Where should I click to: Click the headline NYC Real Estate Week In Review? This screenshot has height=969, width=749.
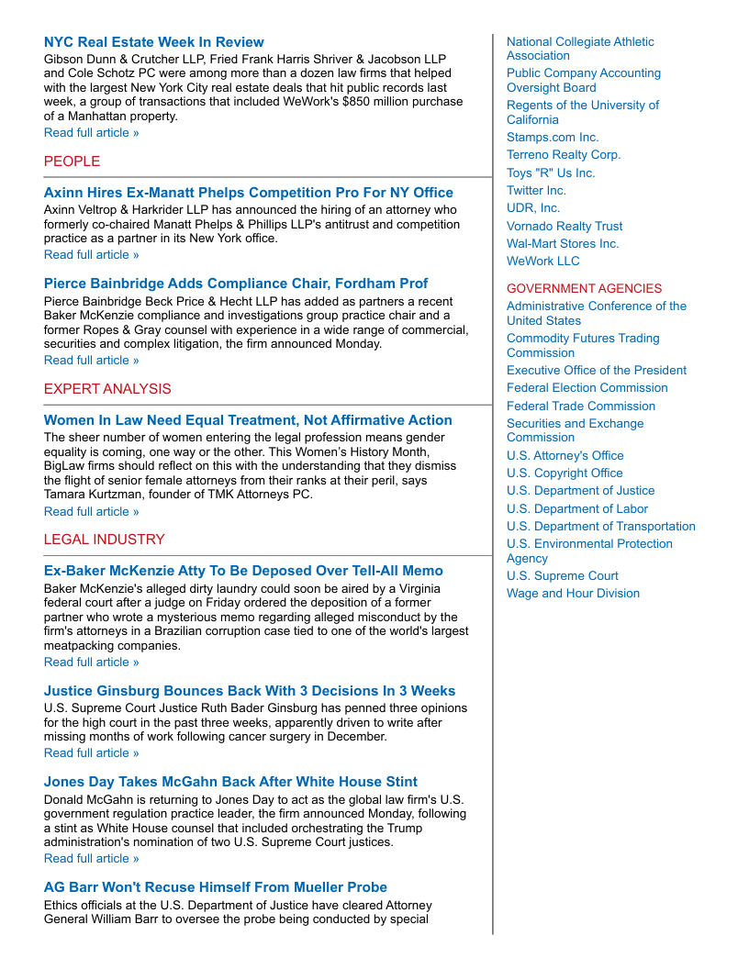pyautogui.click(x=153, y=42)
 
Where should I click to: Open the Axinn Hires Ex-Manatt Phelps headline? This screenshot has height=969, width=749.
pyautogui.click(x=248, y=193)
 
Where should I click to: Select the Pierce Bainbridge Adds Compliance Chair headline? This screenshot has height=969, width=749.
pyautogui.click(x=236, y=284)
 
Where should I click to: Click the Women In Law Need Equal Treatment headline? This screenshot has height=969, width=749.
pyautogui.click(x=248, y=420)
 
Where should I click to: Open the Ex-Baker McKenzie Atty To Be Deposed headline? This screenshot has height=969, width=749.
pyautogui.click(x=243, y=571)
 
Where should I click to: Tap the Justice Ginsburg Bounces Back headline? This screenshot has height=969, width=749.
pyautogui.click(x=250, y=691)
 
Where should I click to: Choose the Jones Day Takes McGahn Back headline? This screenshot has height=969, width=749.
pyautogui.click(x=230, y=782)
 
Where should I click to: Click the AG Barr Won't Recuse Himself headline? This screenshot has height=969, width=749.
pyautogui.click(x=216, y=887)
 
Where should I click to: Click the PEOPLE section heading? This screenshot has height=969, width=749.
pyautogui.click(x=72, y=161)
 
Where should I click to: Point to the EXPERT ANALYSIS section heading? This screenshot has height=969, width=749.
pyautogui.click(x=107, y=389)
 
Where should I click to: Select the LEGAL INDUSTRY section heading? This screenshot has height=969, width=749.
pyautogui.click(x=105, y=540)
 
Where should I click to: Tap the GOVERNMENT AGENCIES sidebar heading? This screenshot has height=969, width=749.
pyautogui.click(x=584, y=289)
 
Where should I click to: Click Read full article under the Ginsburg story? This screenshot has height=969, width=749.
pyautogui.click(x=92, y=753)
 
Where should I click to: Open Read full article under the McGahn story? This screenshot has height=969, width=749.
pyautogui.click(x=92, y=859)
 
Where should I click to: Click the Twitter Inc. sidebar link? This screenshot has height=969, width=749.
pyautogui.click(x=536, y=191)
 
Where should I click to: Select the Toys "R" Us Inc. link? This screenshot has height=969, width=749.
pyautogui.click(x=551, y=173)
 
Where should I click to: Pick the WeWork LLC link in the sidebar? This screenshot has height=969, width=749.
pyautogui.click(x=543, y=262)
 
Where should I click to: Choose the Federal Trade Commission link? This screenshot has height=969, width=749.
pyautogui.click(x=581, y=407)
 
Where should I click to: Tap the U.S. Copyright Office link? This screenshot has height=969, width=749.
pyautogui.click(x=565, y=473)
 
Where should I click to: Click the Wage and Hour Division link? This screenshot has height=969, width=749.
pyautogui.click(x=573, y=594)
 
